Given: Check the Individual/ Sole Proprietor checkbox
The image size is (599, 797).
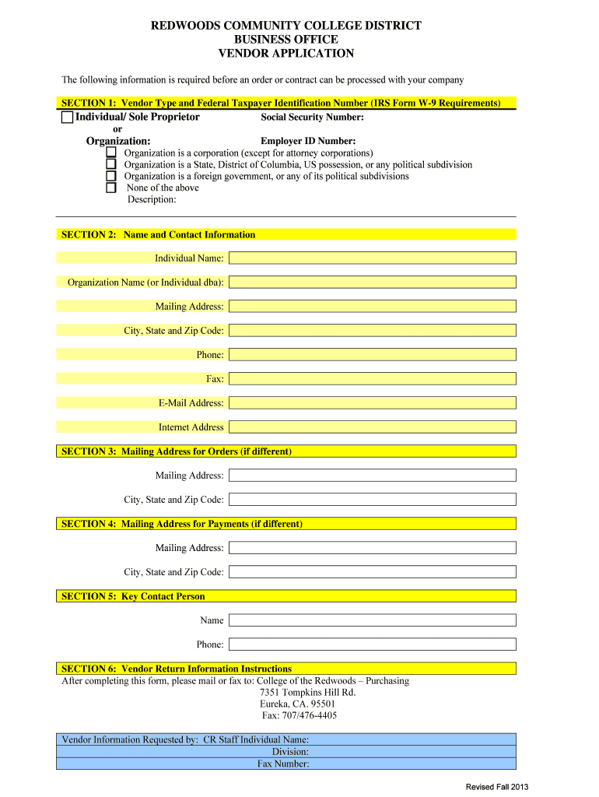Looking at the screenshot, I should (67, 118).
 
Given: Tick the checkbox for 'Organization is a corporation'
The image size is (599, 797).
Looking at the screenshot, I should (111, 153).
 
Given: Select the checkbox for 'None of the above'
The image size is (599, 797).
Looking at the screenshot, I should (111, 188).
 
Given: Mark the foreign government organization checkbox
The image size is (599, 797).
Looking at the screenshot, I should (111, 176).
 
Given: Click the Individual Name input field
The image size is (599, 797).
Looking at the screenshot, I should (372, 258).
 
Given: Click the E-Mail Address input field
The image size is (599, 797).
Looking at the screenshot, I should (372, 403).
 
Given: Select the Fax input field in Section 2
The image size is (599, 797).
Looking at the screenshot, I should (372, 379).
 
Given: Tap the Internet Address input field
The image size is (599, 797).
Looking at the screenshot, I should (372, 427).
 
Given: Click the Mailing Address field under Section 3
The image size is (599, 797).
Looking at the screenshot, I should (372, 476).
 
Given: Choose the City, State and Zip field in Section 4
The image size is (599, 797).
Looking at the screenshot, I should (372, 572).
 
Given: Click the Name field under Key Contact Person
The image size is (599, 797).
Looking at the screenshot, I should (372, 620).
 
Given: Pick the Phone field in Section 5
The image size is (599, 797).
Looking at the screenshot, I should (372, 644).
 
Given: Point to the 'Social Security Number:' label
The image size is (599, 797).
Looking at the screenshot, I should (312, 118).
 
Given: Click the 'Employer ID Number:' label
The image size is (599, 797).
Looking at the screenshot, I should (308, 142).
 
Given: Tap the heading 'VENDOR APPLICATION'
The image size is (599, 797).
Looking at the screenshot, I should (286, 54).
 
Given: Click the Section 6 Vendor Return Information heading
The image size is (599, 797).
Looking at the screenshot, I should (177, 669).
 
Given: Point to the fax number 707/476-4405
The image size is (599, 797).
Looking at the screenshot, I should (299, 715).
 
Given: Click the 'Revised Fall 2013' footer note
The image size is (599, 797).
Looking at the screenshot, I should (497, 787).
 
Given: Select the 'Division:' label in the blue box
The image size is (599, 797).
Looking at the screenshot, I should (290, 752).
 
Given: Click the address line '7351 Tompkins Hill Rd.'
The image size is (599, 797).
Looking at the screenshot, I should (307, 692).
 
